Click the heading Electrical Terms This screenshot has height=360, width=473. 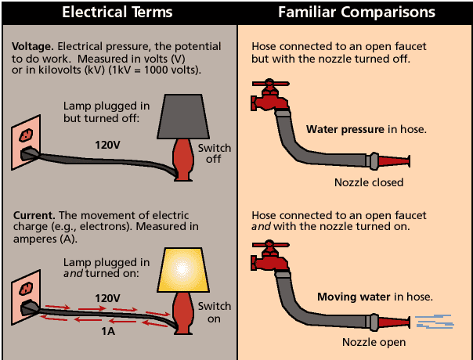117,13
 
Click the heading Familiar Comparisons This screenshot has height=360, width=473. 357,13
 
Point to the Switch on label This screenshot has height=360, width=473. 215,311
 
